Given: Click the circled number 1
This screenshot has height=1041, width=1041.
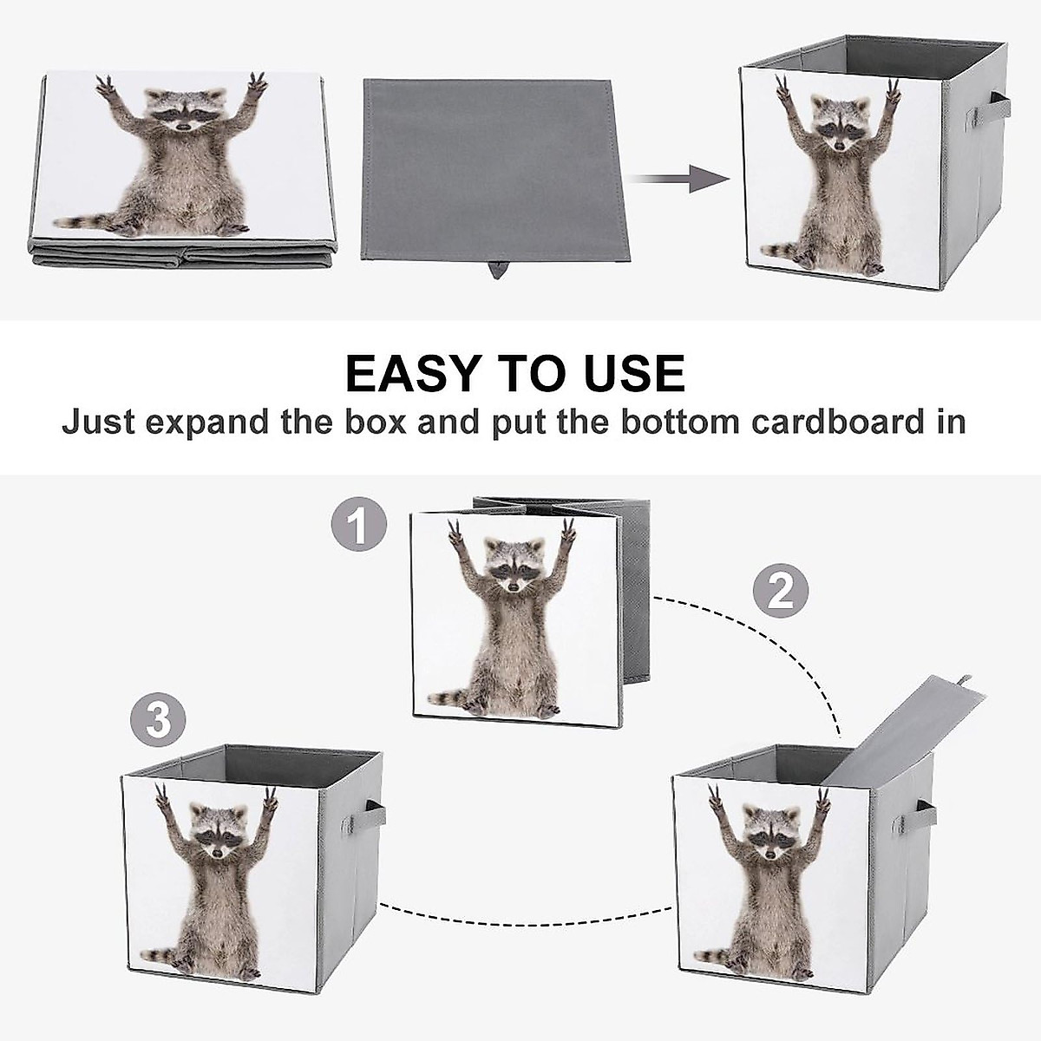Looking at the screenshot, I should point(357,526).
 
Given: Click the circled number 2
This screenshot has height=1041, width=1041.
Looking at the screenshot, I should point(780,593).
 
